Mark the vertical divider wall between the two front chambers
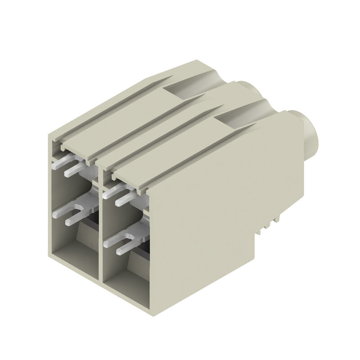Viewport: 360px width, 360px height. click(100, 225)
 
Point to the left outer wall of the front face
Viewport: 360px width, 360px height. click(50, 193)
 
